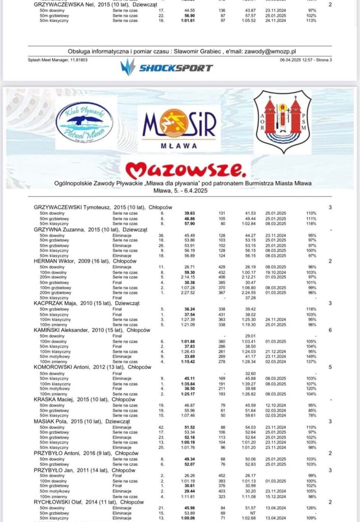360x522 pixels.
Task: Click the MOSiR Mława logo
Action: pyautogui.click(x=179, y=128)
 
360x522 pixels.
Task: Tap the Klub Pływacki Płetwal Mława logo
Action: pyautogui.click(x=85, y=125)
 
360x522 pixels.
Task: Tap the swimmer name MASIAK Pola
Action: pyautogui.click(x=49, y=422)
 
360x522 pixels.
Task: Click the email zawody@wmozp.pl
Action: pyautogui.click(x=273, y=51)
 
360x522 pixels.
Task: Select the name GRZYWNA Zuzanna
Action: pyautogui.click(x=54, y=229)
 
